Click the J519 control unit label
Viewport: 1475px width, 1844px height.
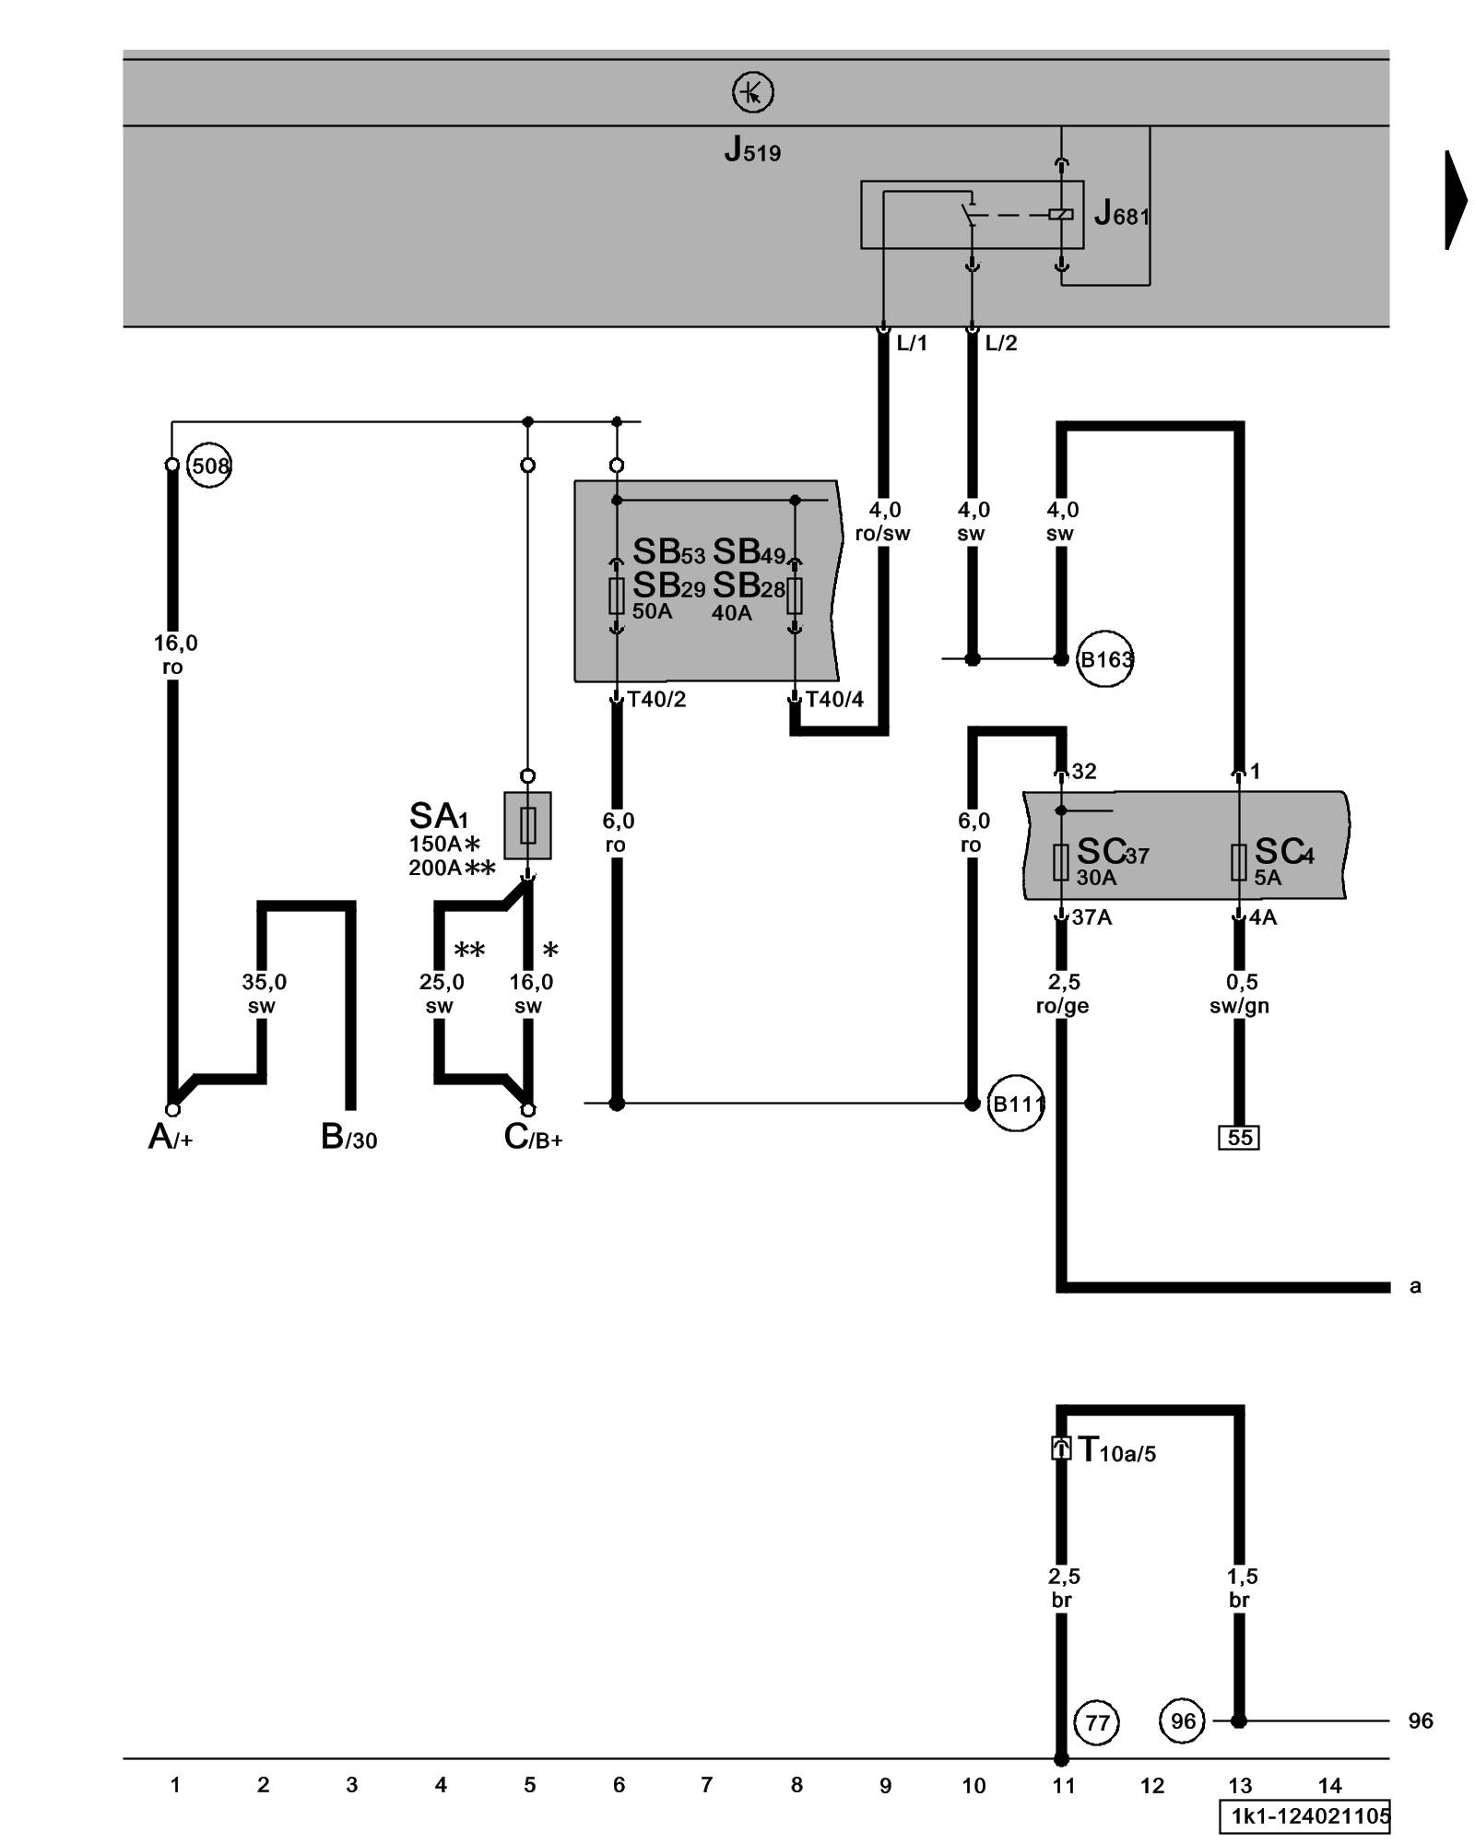tap(752, 149)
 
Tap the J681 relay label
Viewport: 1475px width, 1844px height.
tap(1121, 215)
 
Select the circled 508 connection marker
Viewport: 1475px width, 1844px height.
tap(209, 466)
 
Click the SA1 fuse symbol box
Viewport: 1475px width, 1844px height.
tap(527, 825)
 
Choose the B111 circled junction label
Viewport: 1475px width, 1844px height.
tap(1016, 1103)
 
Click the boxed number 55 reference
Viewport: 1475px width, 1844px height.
tap(1239, 1137)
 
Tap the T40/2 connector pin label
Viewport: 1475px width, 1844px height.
tap(656, 700)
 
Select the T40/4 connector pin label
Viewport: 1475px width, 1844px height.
tap(834, 700)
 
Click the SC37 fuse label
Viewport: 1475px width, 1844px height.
tap(1112, 852)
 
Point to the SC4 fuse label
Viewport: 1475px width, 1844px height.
tap(1283, 852)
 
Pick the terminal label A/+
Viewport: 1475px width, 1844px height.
tap(171, 1137)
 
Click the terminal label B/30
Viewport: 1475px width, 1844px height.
tap(348, 1137)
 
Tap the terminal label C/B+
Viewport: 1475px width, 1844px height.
tap(533, 1137)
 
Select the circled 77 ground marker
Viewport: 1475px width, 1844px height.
tap(1097, 1721)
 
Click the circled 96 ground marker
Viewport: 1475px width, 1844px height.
tap(1182, 1721)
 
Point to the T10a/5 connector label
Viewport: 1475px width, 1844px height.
tap(1116, 1450)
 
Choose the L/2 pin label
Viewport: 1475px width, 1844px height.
tap(1000, 344)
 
